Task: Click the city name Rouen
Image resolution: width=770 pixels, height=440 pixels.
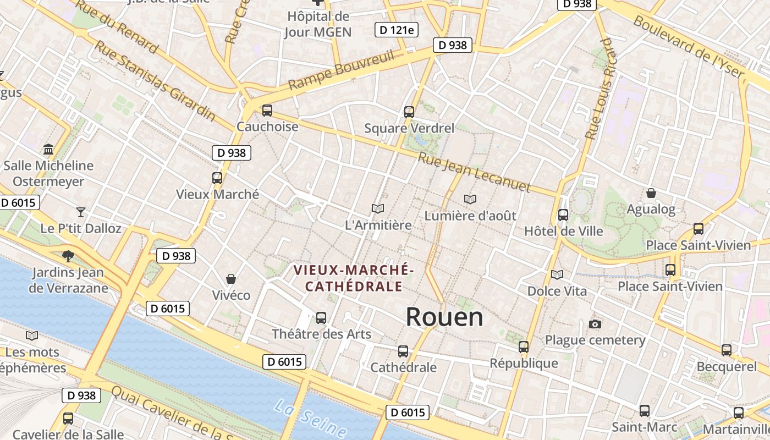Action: (x=444, y=317)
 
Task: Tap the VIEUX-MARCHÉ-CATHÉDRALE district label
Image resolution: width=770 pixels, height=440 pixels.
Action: (x=354, y=278)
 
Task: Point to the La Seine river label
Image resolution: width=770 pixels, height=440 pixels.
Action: (x=310, y=420)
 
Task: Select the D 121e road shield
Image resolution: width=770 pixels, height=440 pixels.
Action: (x=394, y=29)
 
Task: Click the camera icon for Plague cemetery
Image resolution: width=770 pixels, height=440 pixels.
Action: (x=595, y=324)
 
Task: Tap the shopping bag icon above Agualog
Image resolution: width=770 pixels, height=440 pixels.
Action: (x=651, y=193)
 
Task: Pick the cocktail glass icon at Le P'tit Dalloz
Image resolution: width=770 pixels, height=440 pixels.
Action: (x=81, y=212)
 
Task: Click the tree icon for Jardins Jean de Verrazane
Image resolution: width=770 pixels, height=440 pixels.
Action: (x=68, y=256)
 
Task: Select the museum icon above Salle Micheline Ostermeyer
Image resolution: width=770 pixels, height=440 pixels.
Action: (x=48, y=149)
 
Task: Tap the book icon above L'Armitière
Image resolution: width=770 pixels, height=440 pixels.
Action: (x=377, y=208)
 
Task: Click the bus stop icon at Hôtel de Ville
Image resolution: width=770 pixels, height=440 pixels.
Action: (x=563, y=215)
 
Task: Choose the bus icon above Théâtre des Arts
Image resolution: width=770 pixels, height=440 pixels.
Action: (x=321, y=317)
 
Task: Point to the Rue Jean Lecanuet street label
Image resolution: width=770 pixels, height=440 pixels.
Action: (x=474, y=173)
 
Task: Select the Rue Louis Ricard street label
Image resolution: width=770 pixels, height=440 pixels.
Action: (x=602, y=88)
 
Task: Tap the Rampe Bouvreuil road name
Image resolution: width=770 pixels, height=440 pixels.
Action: (x=342, y=70)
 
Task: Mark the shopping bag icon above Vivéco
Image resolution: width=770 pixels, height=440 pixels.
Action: (x=231, y=279)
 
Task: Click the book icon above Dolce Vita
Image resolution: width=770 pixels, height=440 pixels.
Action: (x=557, y=274)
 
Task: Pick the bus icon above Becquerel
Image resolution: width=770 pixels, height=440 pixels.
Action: (x=727, y=350)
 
